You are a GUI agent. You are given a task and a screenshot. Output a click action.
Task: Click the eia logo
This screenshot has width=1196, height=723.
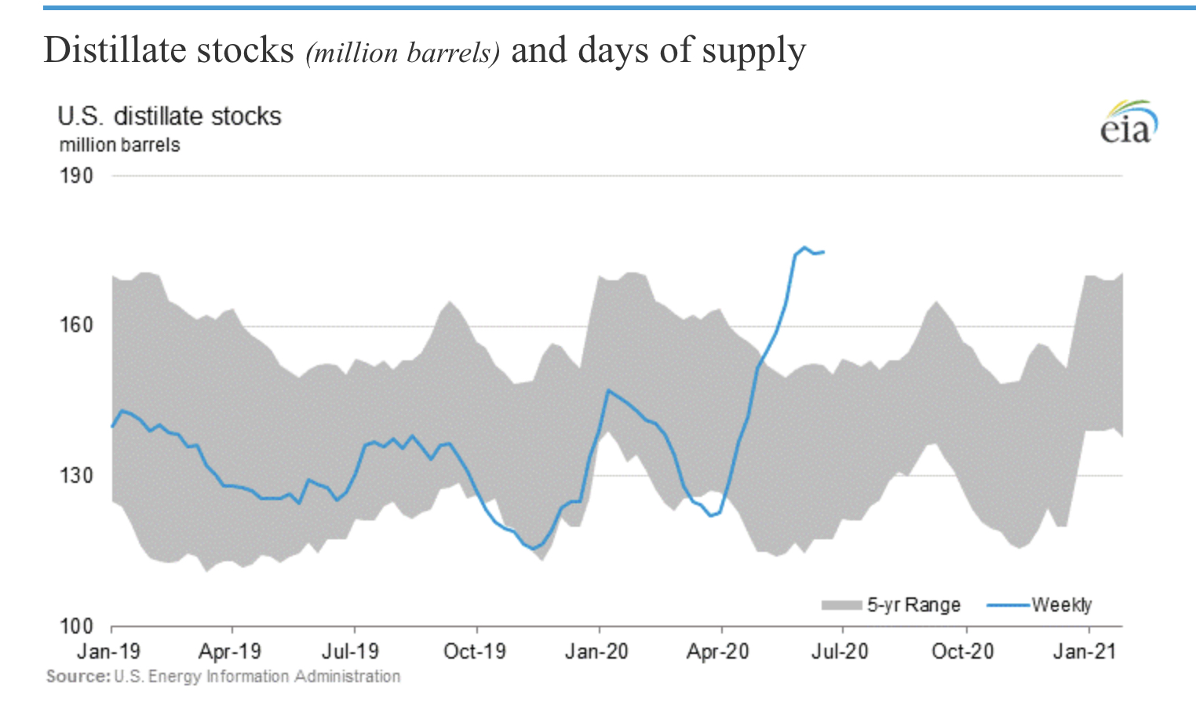tap(1129, 124)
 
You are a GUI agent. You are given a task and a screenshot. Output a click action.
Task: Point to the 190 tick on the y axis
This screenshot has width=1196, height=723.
tap(76, 175)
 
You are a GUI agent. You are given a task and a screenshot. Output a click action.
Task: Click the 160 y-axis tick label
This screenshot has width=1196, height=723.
tap(76, 325)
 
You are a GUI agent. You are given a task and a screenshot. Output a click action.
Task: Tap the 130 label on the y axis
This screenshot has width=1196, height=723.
tap(76, 476)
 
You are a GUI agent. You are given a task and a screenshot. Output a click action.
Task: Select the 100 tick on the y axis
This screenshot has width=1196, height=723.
tap(76, 626)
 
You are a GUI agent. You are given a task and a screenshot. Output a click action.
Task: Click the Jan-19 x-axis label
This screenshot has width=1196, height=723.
tap(109, 652)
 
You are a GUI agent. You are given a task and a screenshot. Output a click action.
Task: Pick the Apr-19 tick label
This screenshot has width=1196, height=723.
tap(230, 652)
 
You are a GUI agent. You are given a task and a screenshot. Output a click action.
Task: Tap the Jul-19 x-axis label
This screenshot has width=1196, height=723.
tap(351, 652)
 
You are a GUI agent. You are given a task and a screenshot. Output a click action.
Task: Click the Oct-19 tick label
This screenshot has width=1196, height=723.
tap(475, 652)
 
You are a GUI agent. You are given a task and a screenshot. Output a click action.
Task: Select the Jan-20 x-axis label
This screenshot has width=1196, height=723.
tap(596, 652)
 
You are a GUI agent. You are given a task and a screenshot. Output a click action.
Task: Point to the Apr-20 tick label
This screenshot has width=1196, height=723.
tap(718, 652)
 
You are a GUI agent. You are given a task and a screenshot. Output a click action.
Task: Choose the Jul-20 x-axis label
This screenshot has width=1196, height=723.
tap(840, 652)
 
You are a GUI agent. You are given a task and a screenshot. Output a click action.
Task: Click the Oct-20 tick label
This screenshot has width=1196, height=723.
tap(963, 652)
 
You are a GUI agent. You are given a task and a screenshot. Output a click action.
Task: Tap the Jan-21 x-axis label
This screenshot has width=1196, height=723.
tap(1085, 652)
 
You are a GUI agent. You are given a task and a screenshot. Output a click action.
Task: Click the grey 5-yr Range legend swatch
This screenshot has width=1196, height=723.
tap(841, 605)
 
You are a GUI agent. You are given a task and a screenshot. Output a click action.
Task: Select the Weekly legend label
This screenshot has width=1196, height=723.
tap(1062, 604)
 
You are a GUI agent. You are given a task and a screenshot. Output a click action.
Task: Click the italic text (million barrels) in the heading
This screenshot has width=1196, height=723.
tap(403, 53)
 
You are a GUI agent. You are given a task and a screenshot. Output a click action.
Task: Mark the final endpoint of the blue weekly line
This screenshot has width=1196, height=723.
tap(823, 251)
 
